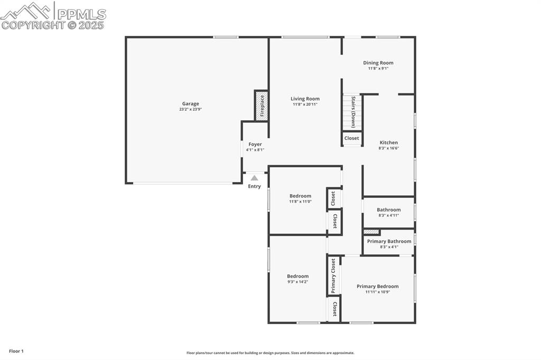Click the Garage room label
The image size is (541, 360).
click(191, 104)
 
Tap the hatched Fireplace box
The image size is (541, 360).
click(262, 106)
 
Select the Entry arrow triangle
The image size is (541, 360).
click(254, 178)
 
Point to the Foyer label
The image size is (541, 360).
click(255, 144)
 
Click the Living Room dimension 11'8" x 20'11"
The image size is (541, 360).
click(305, 105)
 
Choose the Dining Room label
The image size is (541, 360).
click(378, 63)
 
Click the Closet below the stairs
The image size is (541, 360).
click(351, 138)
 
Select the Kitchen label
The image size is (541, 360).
click(389, 143)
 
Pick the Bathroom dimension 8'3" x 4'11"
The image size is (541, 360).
click(389, 215)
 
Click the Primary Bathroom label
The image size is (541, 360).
click(389, 241)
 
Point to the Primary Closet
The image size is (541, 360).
click(333, 276)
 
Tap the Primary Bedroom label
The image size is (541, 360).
click(377, 286)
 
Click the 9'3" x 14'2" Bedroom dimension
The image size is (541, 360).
click(298, 282)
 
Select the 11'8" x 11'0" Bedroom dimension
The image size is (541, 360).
click(300, 202)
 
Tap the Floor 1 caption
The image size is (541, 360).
click(16, 351)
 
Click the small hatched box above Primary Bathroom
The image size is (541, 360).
click(371, 232)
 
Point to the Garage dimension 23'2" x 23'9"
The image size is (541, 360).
click(191, 109)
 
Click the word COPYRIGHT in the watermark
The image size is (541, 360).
click(33, 25)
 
